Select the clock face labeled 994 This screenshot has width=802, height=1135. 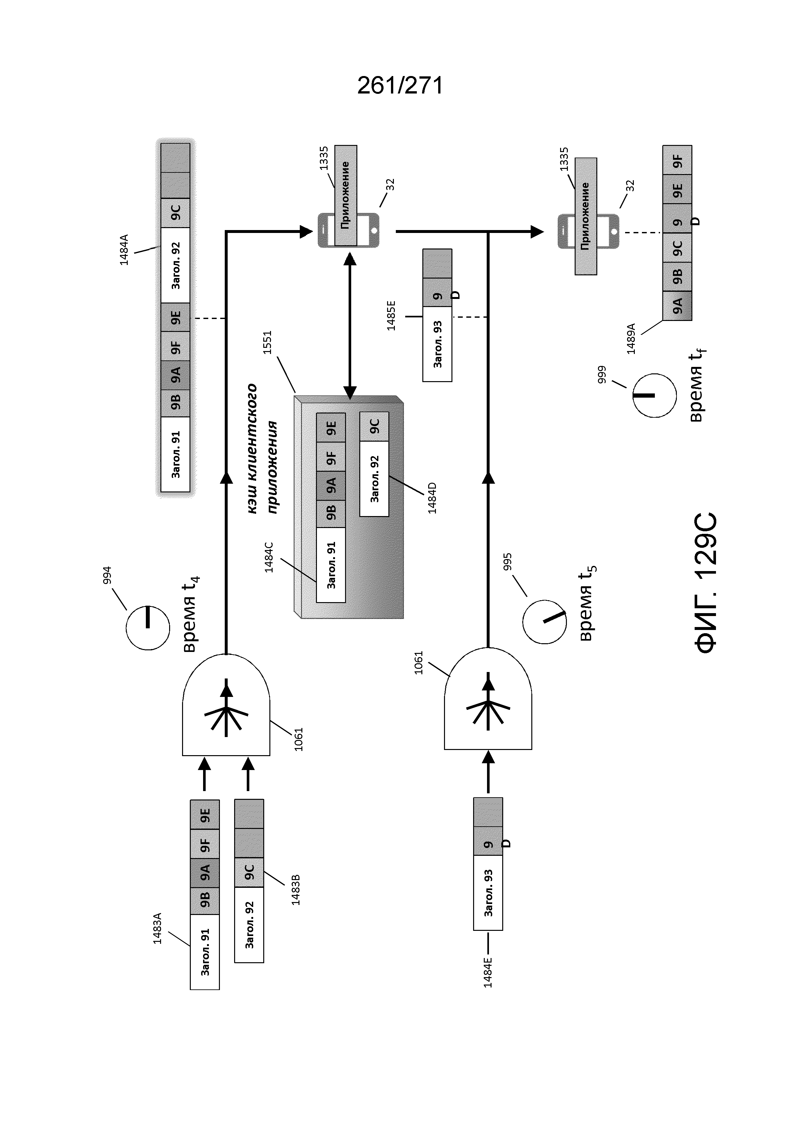[148, 628]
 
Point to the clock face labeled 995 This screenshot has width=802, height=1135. [545, 622]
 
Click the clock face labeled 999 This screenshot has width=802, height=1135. [655, 395]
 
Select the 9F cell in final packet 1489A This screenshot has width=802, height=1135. [677, 160]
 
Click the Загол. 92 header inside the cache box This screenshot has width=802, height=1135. [374, 479]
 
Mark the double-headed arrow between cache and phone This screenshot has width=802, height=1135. [350, 326]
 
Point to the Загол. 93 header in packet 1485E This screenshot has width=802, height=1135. [437, 344]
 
